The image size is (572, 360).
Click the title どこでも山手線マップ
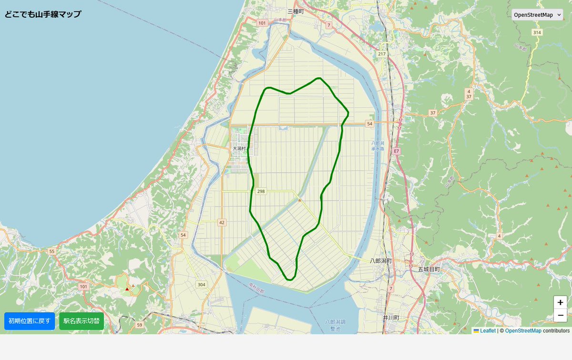click(43, 14)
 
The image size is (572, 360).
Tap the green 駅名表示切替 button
click(82, 321)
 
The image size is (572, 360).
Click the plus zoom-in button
click(560, 302)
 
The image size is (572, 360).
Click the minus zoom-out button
click(560, 315)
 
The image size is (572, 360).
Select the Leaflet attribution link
click(488, 330)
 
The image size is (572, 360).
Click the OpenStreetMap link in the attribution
click(523, 330)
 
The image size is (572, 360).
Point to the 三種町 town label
click(296, 11)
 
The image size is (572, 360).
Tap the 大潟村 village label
click(239, 149)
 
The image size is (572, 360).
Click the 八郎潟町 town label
click(381, 261)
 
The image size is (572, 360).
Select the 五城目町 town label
click(429, 269)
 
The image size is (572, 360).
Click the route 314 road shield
click(537, 32)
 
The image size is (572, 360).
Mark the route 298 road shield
click(261, 191)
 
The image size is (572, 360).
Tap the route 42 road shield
click(222, 222)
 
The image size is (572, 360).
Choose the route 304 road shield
click(202, 285)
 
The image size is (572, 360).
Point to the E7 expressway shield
click(397, 151)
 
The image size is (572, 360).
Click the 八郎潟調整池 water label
click(335, 325)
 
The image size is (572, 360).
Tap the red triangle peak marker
click(127, 289)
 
